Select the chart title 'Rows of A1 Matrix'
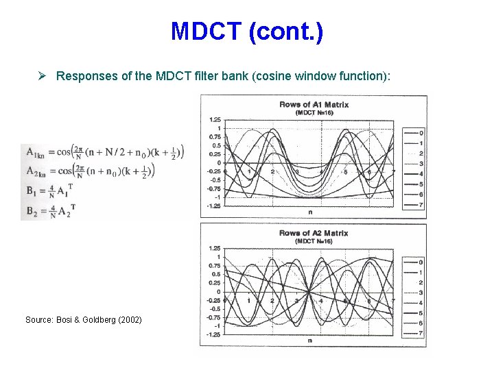tap(314, 104)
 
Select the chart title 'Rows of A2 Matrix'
tap(314, 233)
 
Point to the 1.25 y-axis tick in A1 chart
tap(214, 120)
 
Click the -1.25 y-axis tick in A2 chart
tap(213, 335)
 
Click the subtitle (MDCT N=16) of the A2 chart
tap(314, 241)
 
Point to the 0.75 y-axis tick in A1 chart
tap(214, 137)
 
